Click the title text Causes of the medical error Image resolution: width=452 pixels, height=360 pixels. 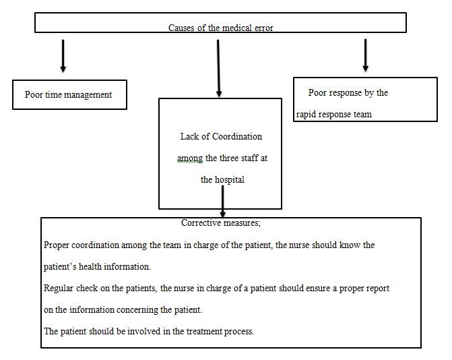click(x=220, y=28)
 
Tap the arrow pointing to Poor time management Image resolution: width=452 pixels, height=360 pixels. click(x=63, y=56)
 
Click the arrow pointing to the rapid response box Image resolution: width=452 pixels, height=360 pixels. click(x=366, y=55)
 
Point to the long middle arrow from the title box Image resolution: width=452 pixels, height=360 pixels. click(x=218, y=67)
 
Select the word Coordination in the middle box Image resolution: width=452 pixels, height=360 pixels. click(x=237, y=136)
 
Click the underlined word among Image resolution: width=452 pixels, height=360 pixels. click(x=189, y=158)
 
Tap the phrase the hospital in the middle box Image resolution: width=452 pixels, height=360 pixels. click(x=223, y=180)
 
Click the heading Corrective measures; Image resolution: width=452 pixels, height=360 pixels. click(x=220, y=222)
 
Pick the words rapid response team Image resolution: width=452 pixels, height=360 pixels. click(x=334, y=115)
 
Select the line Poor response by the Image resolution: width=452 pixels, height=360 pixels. click(x=348, y=93)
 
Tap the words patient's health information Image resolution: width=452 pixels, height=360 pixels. click(x=97, y=266)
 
